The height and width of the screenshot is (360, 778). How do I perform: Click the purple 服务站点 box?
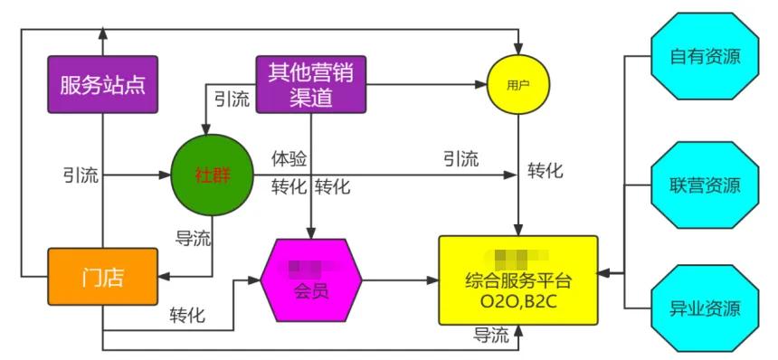[x=103, y=86]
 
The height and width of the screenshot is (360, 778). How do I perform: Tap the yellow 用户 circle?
[x=517, y=85]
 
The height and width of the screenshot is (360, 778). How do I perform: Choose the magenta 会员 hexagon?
[x=310, y=279]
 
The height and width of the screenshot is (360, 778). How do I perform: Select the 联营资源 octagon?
[x=705, y=186]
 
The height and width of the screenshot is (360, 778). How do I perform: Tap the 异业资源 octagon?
[x=705, y=308]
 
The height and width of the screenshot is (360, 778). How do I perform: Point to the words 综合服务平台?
[x=517, y=280]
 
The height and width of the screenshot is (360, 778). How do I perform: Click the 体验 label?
[x=289, y=159]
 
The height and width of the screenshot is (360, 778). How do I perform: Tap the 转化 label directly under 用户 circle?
[x=546, y=170]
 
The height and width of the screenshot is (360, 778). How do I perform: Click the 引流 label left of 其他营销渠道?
[x=232, y=99]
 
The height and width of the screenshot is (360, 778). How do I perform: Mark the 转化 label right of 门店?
[x=186, y=316]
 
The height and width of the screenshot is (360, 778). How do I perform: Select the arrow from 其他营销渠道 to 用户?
[x=425, y=86]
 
